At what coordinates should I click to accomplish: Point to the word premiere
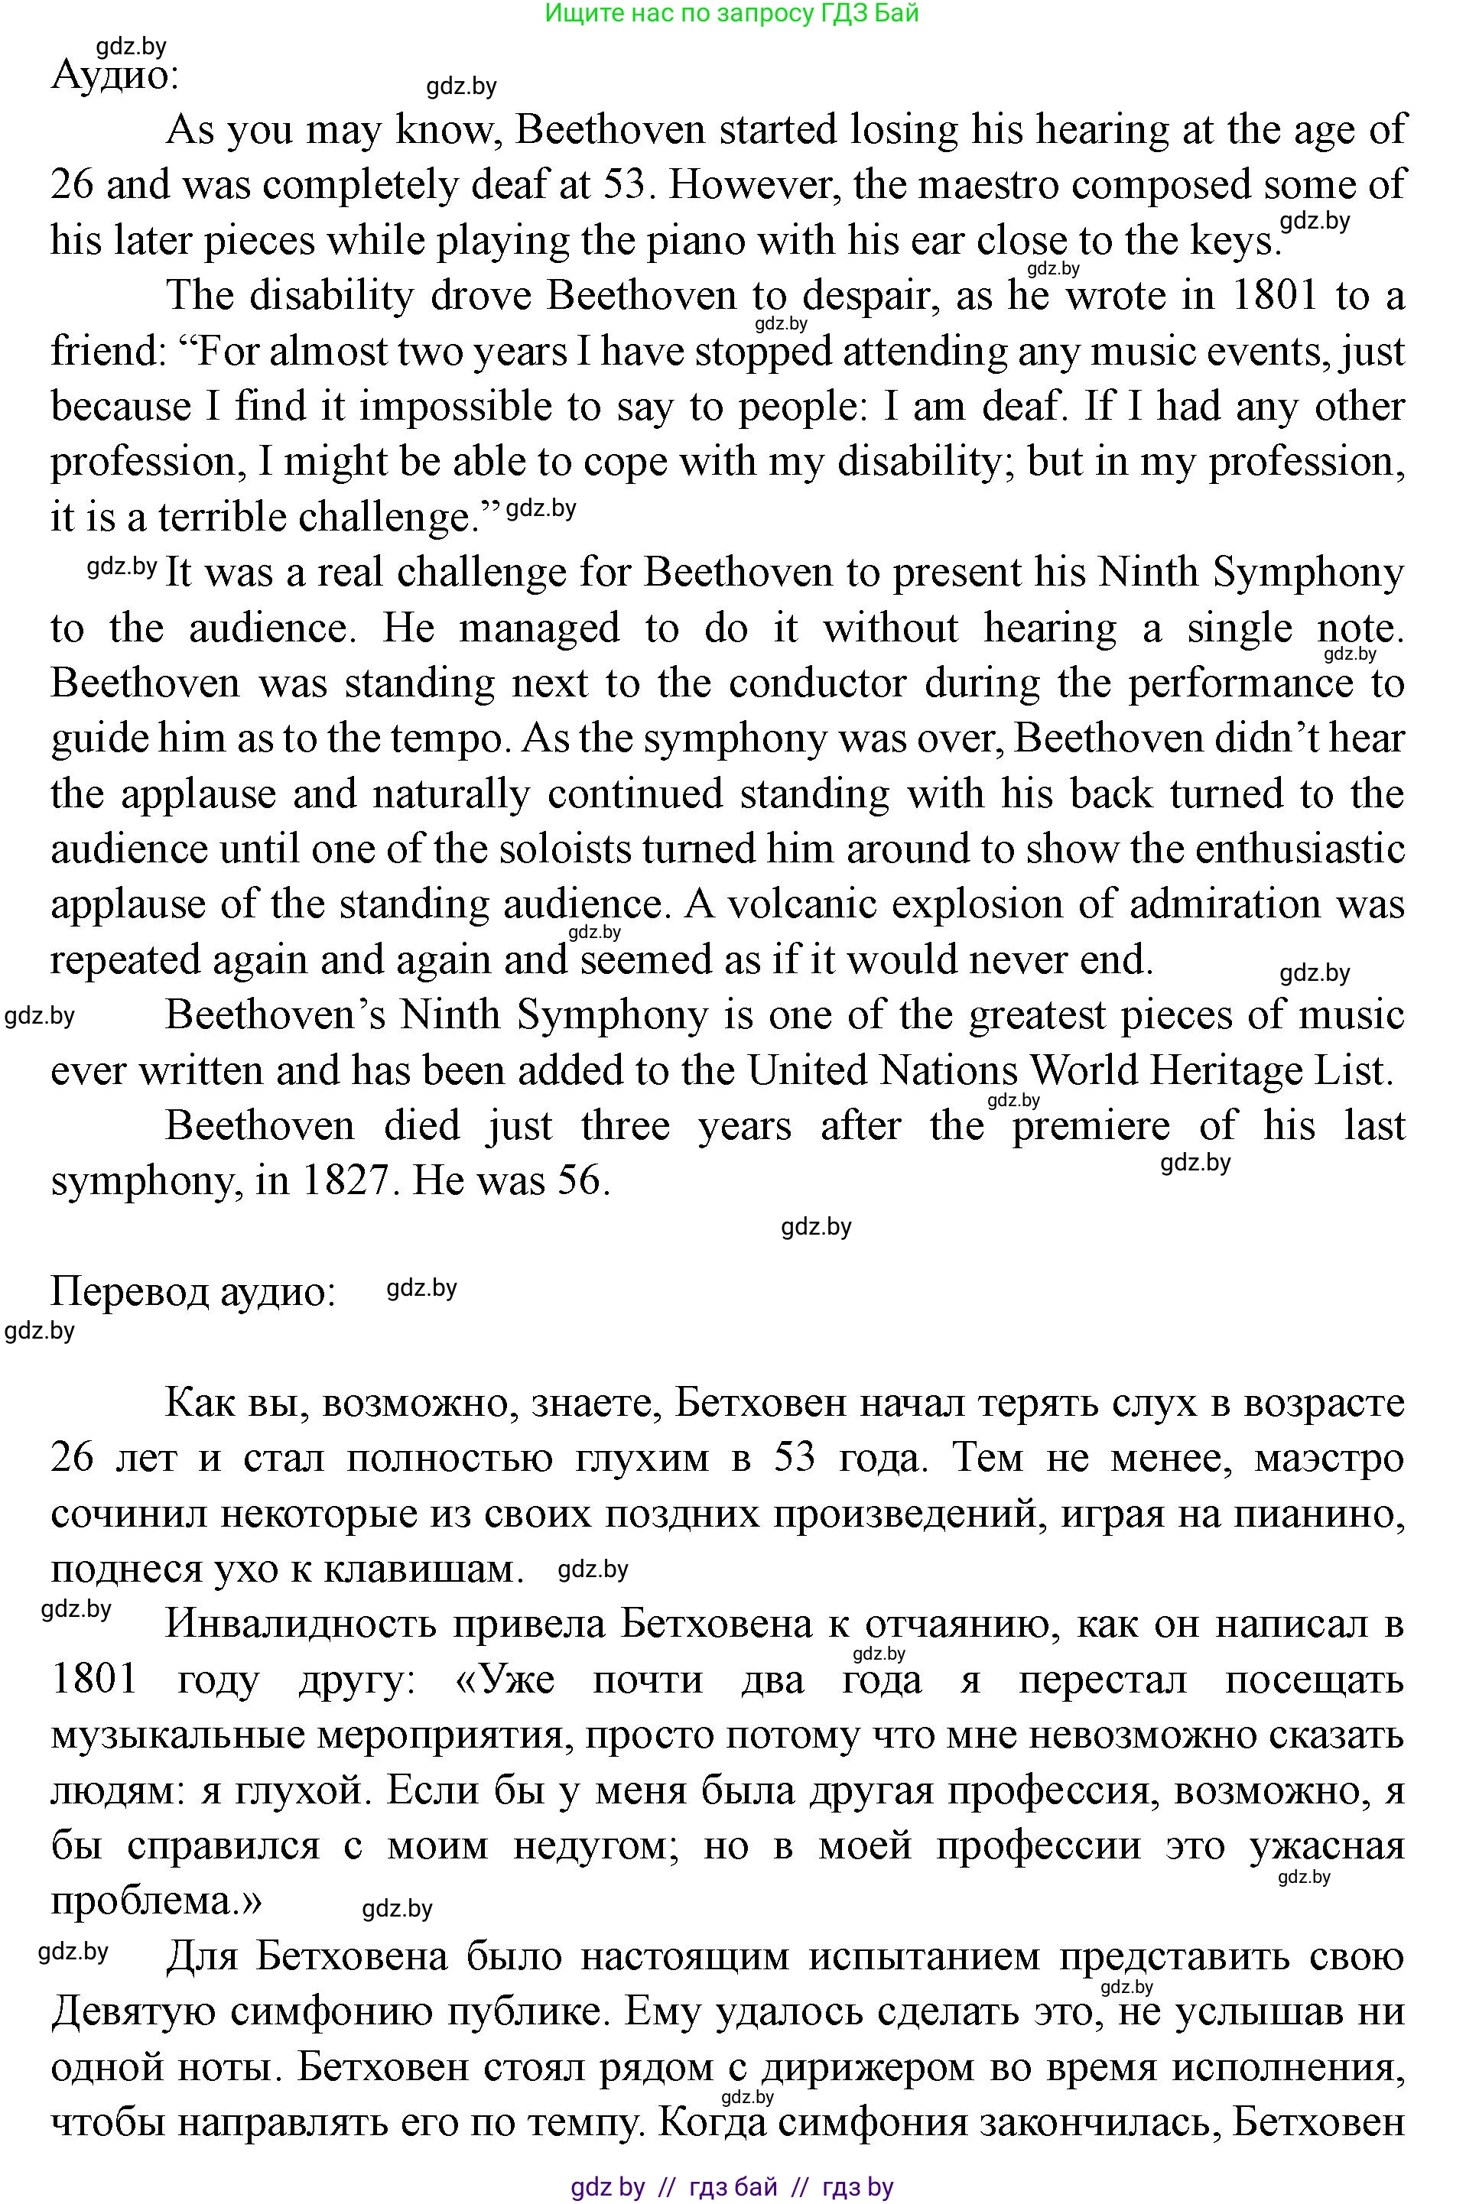coord(1091,1125)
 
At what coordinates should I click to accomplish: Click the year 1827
coord(343,1180)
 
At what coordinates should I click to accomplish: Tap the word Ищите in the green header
coord(576,13)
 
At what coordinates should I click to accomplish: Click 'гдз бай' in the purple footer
coord(733,2187)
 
